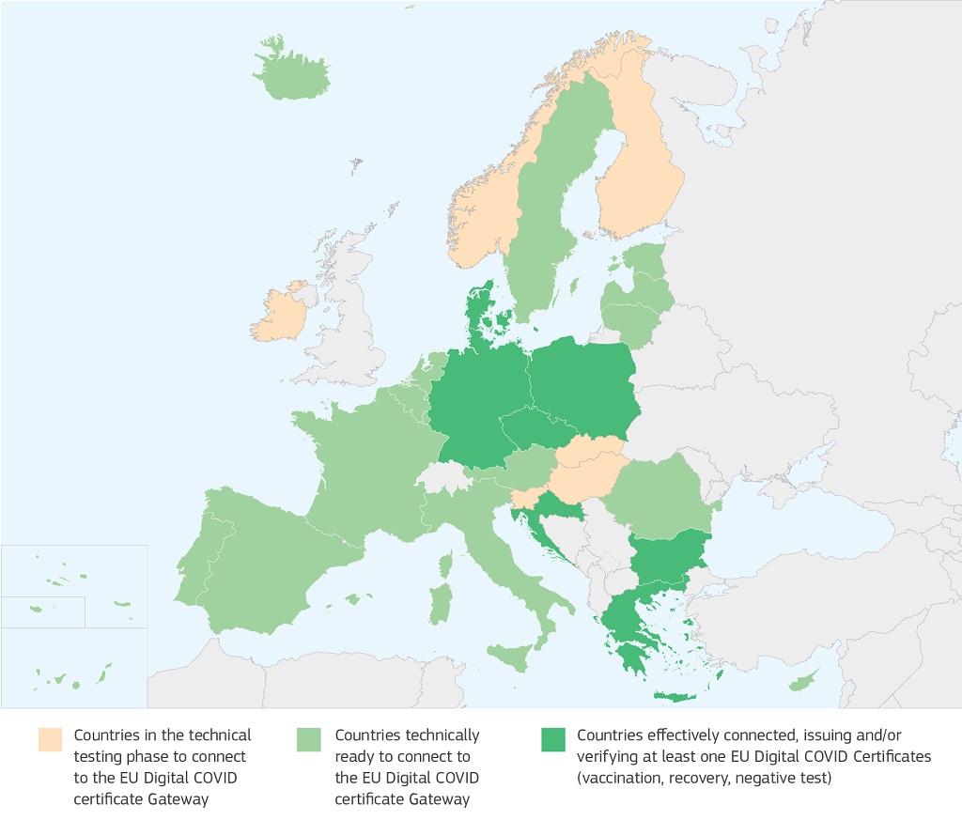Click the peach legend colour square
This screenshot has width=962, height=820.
(50, 740)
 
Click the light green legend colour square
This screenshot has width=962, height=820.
(309, 740)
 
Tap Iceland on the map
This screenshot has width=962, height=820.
(291, 75)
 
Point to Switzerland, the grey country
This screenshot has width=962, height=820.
(443, 476)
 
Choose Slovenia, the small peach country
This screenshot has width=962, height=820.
(524, 497)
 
